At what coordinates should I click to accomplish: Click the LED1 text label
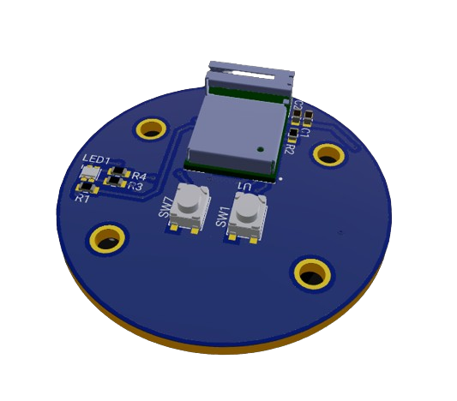tap(96, 160)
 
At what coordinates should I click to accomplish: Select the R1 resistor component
tap(87, 186)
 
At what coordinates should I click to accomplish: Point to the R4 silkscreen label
tap(139, 177)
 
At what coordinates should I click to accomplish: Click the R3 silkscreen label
tap(135, 186)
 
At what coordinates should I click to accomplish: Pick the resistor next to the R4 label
tap(118, 173)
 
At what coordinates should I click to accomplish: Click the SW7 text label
tap(166, 208)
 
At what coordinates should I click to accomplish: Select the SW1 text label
tap(223, 216)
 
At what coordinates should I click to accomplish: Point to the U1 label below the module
tap(244, 187)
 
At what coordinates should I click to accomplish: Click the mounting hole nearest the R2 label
tap(328, 154)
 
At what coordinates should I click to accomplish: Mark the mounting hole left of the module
tap(152, 129)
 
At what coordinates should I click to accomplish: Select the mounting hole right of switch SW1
tap(311, 273)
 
